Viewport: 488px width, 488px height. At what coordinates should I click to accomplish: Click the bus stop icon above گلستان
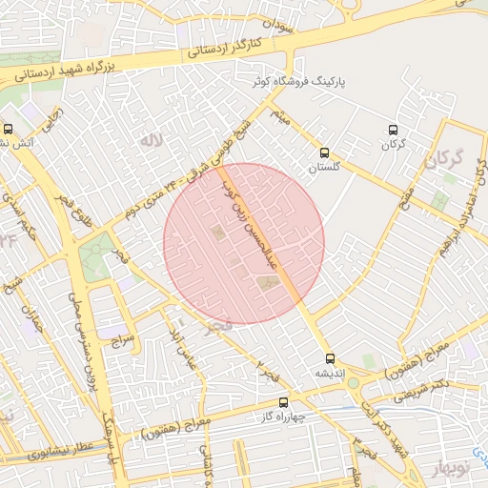pos(324,152)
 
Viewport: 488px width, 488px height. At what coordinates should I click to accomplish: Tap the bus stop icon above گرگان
pos(393,131)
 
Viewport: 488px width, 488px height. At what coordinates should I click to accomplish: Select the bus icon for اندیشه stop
pos(331,359)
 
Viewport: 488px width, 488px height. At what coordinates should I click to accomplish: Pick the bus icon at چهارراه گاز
pos(283,403)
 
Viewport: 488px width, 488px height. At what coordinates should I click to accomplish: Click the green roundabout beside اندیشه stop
pos(354,383)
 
